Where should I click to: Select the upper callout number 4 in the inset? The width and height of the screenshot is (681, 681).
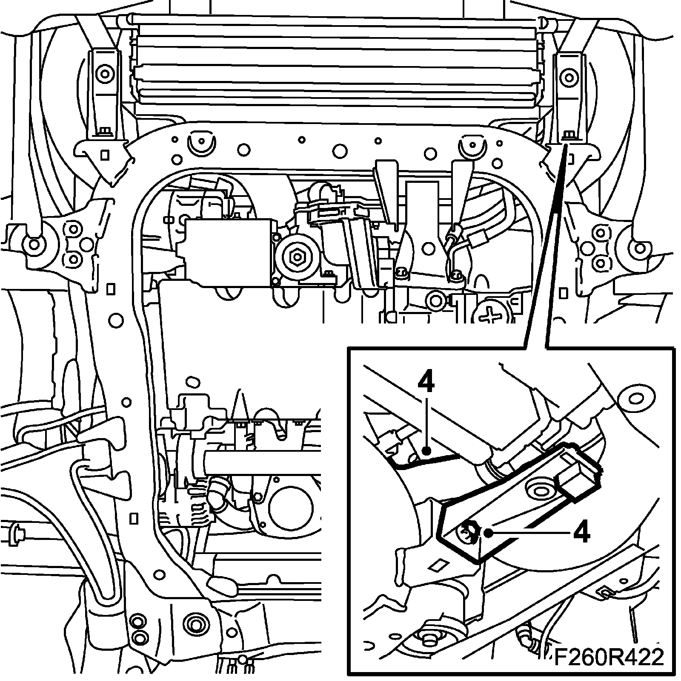[426, 383]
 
